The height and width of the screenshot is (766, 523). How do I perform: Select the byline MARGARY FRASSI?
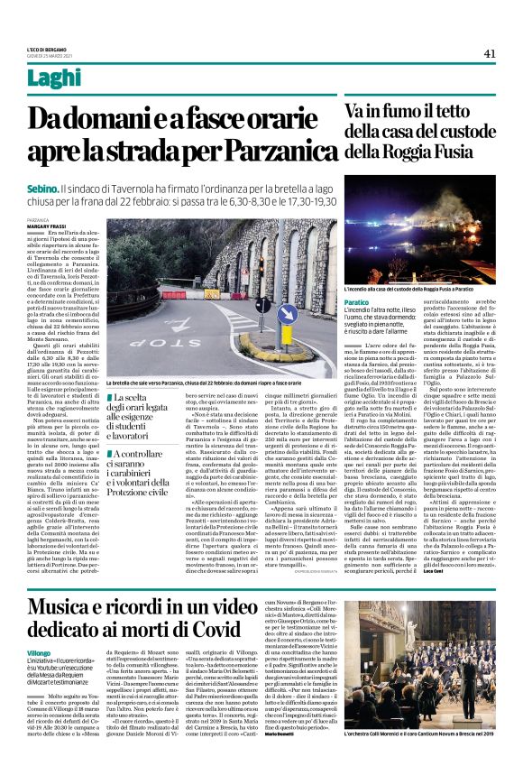(71, 226)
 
